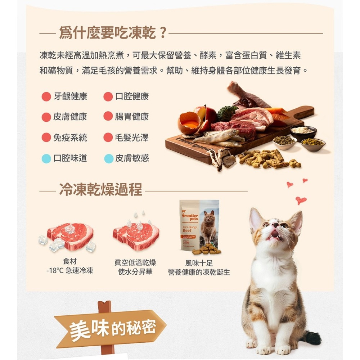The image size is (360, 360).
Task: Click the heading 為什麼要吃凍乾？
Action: pos(113,33)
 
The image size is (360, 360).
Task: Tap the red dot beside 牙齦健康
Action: pos(46,96)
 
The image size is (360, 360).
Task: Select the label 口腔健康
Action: pos(132,96)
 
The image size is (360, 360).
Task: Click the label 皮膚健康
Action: pos(70,117)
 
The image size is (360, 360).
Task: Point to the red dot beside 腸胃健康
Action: pos(108,117)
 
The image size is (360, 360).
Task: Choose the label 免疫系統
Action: pos(70,138)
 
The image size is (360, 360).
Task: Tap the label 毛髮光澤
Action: pos(132,138)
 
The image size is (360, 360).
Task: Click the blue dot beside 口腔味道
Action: pos(46,158)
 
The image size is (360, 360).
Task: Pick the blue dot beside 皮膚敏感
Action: pos(108,158)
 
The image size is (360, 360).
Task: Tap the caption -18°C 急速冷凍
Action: pos(69,271)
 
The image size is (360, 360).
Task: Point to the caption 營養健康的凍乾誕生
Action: pos(199,272)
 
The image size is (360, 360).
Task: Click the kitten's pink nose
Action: pos(275,225)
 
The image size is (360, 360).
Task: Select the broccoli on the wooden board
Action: pos(227,113)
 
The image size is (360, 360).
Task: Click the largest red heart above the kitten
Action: pos(301,200)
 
